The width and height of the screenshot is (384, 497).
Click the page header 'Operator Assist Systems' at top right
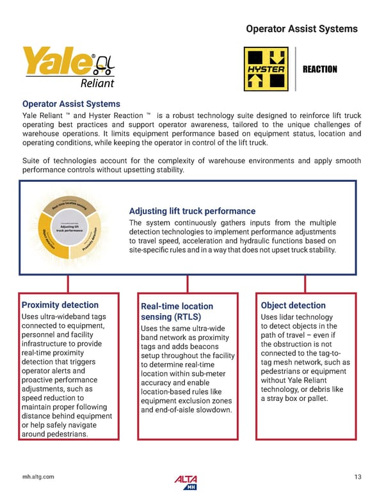tap(302, 29)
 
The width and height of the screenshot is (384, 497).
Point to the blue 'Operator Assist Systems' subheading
tap(71, 104)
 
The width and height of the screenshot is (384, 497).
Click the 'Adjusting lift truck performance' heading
tap(192, 211)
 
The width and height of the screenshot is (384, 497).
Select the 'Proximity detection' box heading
tap(60, 305)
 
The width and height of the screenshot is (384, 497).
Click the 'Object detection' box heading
tap(294, 306)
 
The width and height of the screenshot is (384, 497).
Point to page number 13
tap(357, 477)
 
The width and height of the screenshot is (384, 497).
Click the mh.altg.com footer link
tap(38, 477)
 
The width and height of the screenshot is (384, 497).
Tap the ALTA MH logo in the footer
tap(186, 482)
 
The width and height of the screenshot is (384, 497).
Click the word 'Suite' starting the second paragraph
tap(32, 161)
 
